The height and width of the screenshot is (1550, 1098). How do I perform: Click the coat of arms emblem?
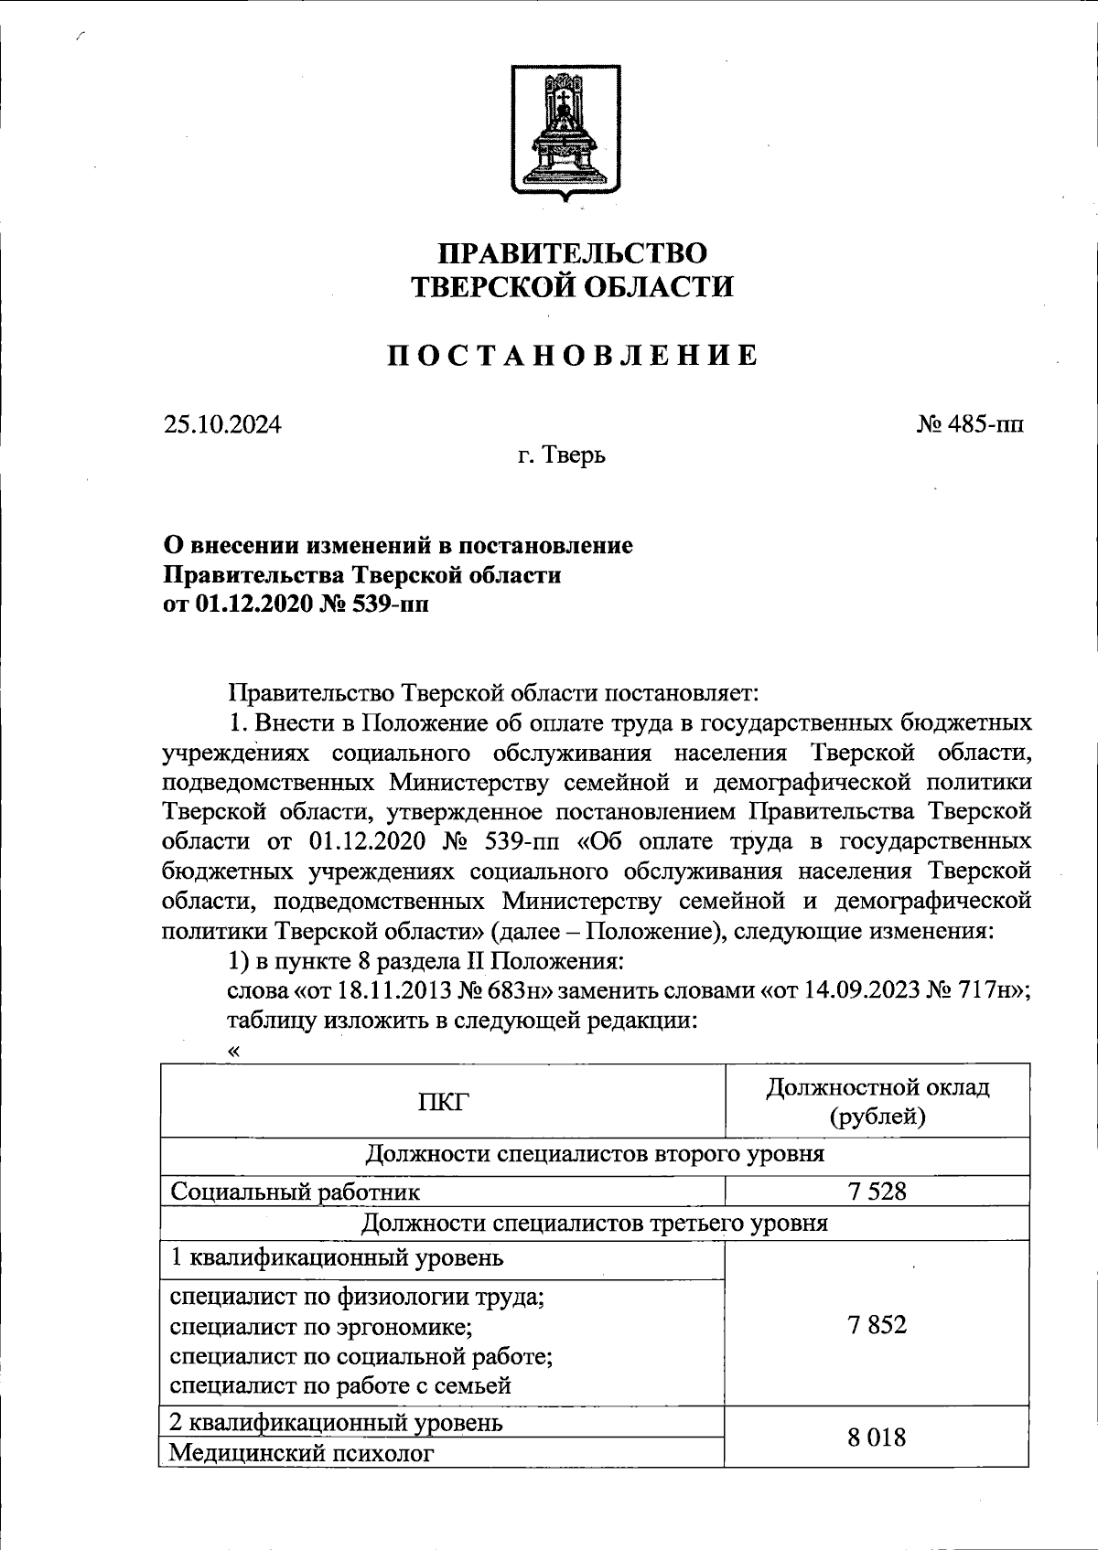[565, 132]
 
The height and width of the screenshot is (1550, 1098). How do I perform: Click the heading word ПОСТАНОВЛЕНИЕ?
[571, 356]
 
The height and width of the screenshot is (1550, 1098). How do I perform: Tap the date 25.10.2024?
[222, 424]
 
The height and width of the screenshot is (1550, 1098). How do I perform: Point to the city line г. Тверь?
[558, 454]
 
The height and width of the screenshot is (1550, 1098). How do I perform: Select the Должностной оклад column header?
[877, 1101]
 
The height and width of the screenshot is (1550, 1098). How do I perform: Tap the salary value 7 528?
[877, 1191]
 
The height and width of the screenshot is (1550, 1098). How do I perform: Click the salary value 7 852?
[877, 1324]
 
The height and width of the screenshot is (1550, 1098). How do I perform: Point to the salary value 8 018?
[877, 1438]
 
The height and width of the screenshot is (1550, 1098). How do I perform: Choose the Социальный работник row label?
[296, 1192]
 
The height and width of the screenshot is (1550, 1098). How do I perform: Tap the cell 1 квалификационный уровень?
[337, 1257]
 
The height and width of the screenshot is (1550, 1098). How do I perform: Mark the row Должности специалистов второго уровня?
[595, 1154]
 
